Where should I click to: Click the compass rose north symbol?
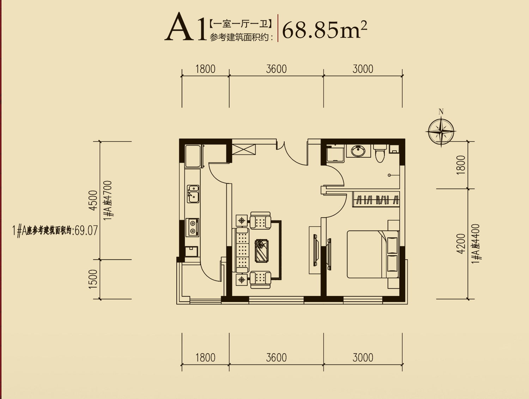point(441,132)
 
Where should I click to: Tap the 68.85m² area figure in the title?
point(324,30)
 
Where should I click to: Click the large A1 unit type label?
point(186,26)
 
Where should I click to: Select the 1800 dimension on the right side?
point(461,165)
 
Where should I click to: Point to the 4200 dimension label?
point(461,243)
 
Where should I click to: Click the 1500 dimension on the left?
point(93,279)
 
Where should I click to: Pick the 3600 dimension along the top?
point(276,69)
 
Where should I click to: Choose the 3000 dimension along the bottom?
point(363,357)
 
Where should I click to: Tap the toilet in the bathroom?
point(380,153)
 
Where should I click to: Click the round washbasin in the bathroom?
point(358,151)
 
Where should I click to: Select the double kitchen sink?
point(193,194)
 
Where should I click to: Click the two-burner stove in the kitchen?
point(192,227)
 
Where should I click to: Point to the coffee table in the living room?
point(261,251)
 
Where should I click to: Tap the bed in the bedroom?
point(372,255)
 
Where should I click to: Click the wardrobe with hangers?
point(376,199)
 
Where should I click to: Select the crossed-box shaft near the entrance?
point(243,150)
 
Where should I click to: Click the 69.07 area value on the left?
point(86,231)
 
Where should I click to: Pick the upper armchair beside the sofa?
point(260,220)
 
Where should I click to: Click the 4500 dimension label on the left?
point(93,200)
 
